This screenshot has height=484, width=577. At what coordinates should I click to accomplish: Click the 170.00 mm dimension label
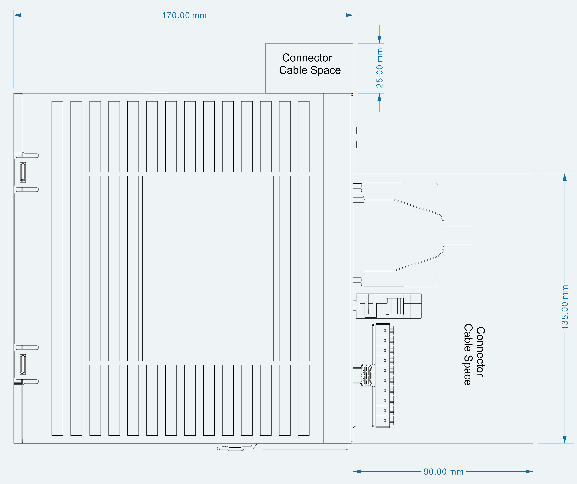(x=184, y=15)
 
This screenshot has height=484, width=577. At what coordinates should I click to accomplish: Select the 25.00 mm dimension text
(x=380, y=68)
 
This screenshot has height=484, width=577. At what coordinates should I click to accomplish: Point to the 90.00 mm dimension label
(x=443, y=472)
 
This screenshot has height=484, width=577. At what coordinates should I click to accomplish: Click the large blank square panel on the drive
(x=208, y=268)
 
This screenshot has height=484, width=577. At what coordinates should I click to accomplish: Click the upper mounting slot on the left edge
(x=23, y=172)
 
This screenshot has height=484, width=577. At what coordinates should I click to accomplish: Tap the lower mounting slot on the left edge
(x=23, y=364)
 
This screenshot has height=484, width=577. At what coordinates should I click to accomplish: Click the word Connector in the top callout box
(x=307, y=58)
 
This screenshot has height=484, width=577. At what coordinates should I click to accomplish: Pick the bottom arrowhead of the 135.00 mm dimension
(x=565, y=439)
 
